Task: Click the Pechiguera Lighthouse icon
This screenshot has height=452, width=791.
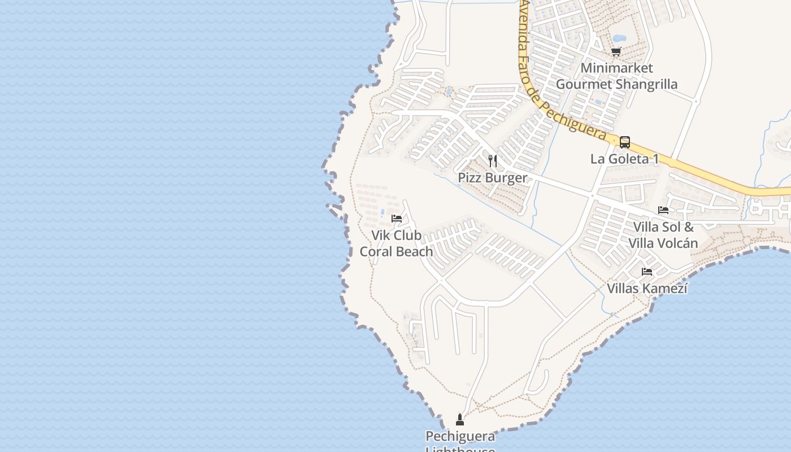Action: coord(459,419)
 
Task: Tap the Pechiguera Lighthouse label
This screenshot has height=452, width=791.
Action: coord(460,437)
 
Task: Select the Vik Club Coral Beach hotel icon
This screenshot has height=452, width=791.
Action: coord(397,218)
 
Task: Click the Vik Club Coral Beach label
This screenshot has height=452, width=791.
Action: coord(397,243)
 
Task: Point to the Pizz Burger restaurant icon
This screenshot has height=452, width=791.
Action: coord(493,161)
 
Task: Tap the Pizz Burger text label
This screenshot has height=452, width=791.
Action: coord(492,177)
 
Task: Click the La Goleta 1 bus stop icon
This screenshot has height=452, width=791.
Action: coord(625,142)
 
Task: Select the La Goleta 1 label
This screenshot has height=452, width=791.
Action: coord(624,159)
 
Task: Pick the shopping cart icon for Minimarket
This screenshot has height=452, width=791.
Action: coord(616,52)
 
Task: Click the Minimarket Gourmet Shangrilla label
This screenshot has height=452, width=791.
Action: coord(616,76)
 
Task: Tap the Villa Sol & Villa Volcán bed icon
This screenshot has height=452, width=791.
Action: coord(663,210)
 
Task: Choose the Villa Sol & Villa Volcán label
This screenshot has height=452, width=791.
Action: coord(663,235)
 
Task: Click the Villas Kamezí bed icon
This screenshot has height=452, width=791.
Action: coord(647,272)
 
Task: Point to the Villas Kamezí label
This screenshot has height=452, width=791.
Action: coord(647,288)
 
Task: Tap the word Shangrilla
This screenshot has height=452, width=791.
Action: coord(646,85)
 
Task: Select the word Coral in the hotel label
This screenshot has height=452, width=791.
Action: coord(375,251)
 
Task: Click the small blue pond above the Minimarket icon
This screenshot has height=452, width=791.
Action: coord(619,38)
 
